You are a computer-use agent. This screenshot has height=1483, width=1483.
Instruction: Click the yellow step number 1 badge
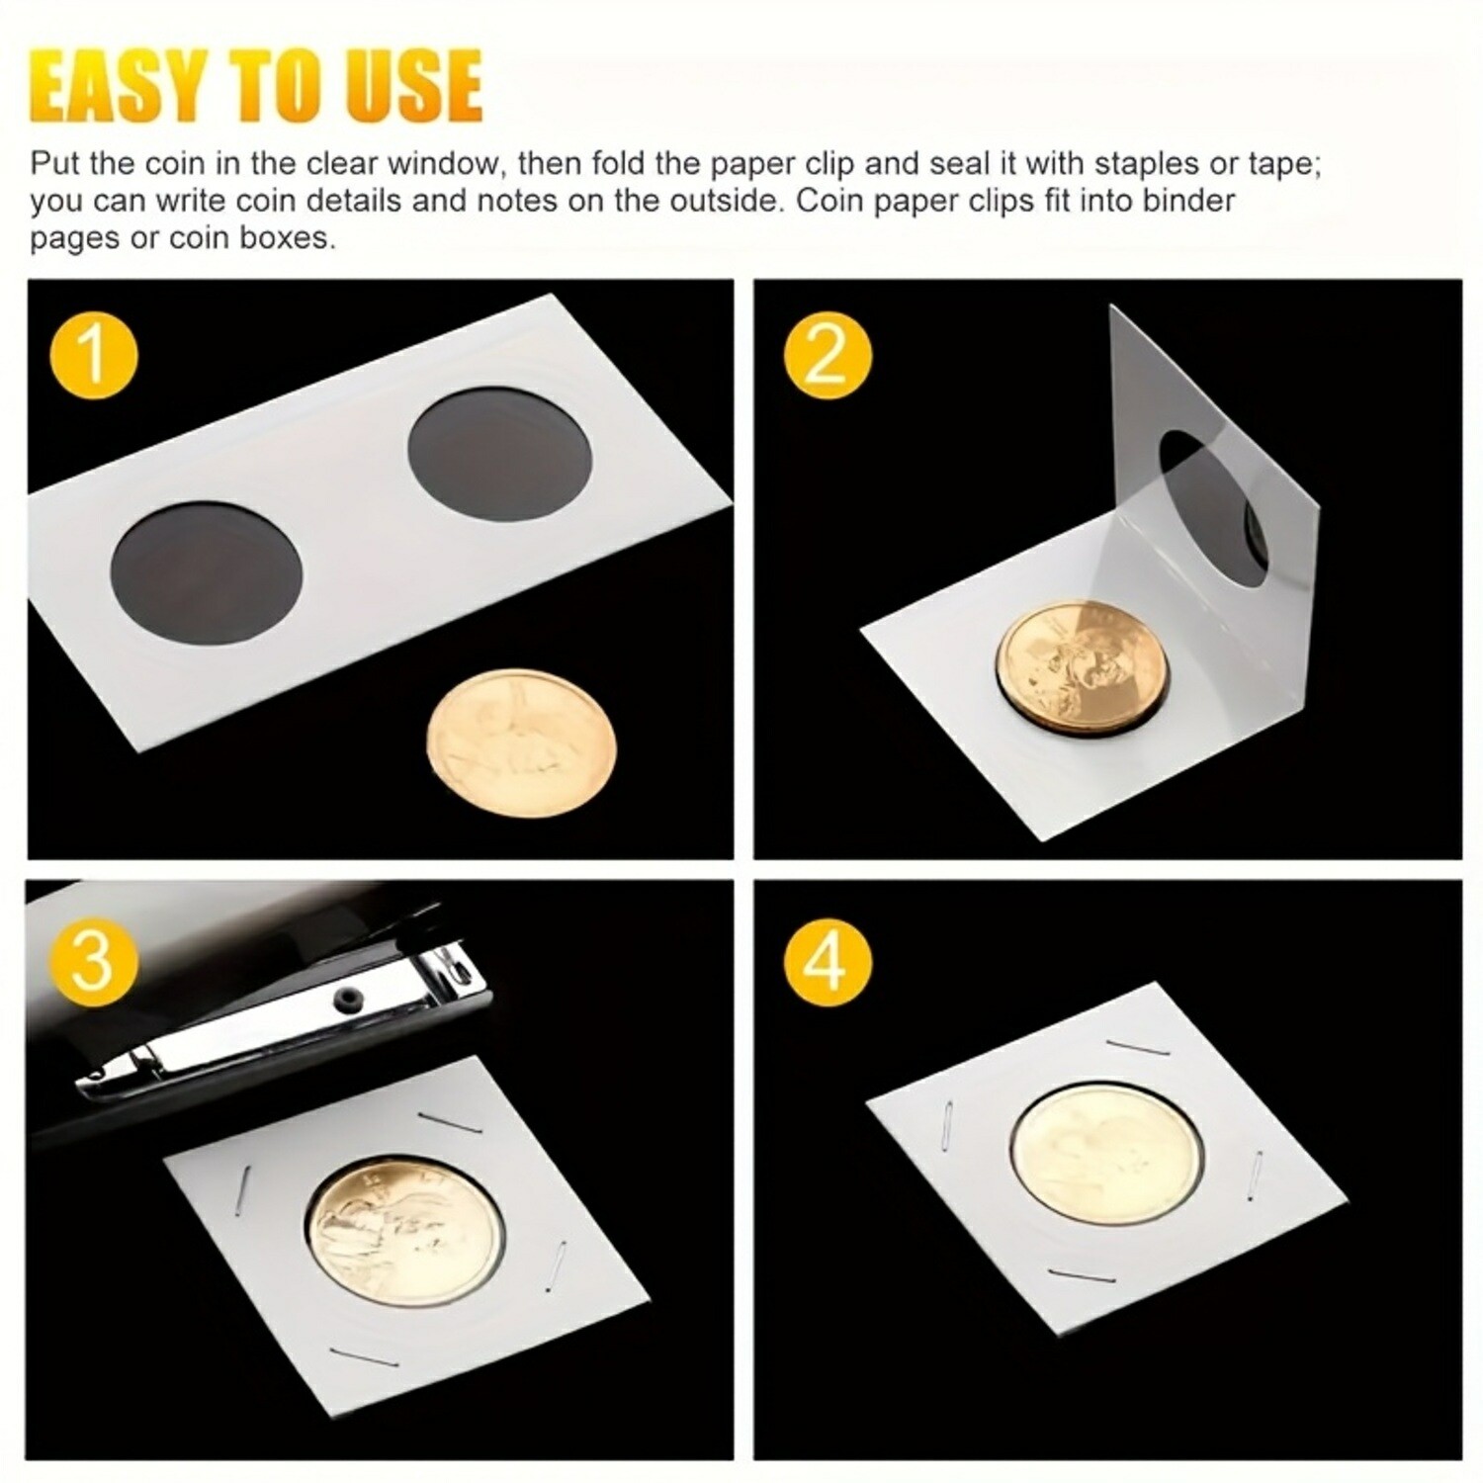coord(93,353)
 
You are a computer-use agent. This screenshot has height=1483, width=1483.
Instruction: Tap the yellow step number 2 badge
coord(828,353)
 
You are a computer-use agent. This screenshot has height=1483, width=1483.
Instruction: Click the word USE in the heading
coord(415,87)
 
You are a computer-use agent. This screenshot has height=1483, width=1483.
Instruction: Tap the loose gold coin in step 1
coord(522,741)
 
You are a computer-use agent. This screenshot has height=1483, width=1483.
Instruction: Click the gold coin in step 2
coord(1083,657)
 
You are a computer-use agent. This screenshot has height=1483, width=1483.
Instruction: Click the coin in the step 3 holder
coord(404,1222)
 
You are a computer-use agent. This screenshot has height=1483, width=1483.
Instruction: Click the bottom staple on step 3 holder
coord(364,1358)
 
